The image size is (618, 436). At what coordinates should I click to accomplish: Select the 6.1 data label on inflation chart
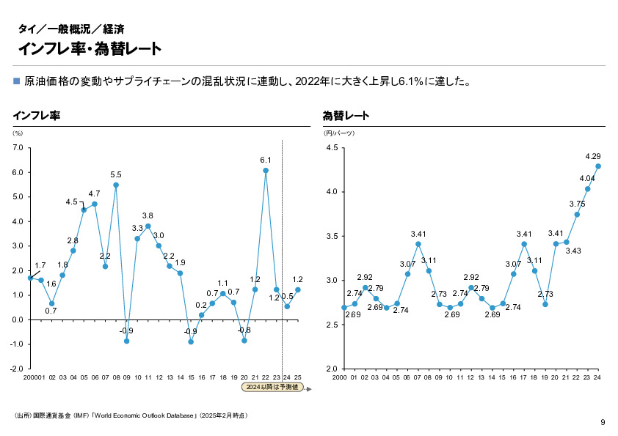point(266,160)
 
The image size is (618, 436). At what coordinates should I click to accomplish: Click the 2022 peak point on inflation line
point(266,170)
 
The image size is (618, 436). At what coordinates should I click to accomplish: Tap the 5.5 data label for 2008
point(116,174)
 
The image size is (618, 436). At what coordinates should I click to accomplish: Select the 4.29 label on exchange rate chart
point(593,156)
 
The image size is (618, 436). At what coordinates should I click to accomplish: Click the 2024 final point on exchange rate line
point(598,166)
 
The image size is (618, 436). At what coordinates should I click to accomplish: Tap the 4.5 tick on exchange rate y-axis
point(331,148)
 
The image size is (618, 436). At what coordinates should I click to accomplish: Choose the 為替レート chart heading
point(346,116)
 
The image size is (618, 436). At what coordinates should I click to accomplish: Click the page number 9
point(603,422)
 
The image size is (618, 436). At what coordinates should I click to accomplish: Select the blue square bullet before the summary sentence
point(17,81)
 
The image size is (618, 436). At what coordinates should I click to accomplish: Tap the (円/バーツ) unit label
point(339,133)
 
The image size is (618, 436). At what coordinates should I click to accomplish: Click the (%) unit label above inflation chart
point(18,133)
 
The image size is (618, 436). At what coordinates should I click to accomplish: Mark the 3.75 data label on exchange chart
point(577,204)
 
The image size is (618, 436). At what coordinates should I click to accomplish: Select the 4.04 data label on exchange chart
point(586,178)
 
